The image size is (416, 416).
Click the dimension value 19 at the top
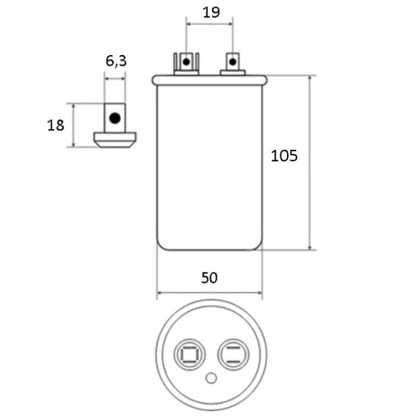(x=211, y=12)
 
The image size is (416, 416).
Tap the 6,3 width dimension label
(x=116, y=61)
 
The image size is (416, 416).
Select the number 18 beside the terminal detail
(x=56, y=125)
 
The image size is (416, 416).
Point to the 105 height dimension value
(x=284, y=156)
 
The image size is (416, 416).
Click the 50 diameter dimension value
(x=210, y=278)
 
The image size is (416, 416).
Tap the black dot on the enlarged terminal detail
(x=115, y=118)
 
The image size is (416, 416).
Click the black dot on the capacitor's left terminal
(x=186, y=62)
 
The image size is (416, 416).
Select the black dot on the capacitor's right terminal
(x=232, y=62)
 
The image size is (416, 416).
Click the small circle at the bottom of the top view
(x=211, y=378)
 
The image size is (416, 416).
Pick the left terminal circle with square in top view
(x=190, y=354)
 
